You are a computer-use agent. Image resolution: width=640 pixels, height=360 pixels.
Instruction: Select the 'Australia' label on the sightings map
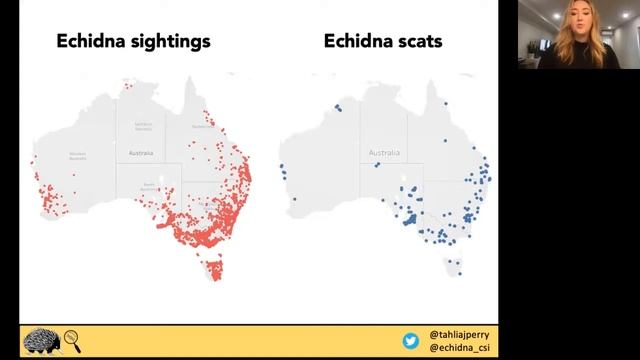(141, 152)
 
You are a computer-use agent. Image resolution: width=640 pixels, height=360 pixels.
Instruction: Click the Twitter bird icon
(410, 341)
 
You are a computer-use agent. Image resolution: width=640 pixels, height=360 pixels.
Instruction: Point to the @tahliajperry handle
(459, 334)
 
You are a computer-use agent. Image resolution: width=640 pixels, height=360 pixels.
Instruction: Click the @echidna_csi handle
(459, 348)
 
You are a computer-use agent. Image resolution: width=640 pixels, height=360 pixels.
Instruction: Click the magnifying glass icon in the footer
(71, 340)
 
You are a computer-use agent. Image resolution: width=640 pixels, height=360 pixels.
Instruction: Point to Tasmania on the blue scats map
(455, 267)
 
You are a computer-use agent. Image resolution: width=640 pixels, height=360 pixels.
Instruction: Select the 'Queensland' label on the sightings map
(203, 127)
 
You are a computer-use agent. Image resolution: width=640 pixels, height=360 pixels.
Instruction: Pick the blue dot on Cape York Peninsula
(445, 102)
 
